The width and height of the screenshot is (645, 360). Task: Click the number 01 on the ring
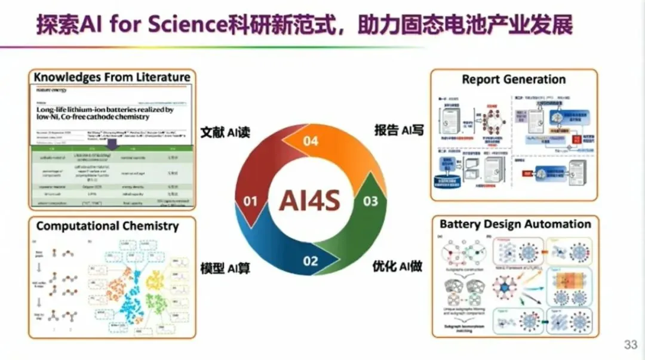pyautogui.click(x=250, y=201)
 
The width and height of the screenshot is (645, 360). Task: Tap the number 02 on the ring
pyautogui.click(x=310, y=260)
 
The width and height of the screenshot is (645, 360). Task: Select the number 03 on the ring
pyautogui.click(x=370, y=201)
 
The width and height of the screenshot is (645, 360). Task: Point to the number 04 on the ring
pyautogui.click(x=310, y=141)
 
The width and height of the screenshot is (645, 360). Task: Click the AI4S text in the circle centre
pyautogui.click(x=310, y=201)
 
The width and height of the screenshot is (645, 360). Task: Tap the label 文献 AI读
pyautogui.click(x=224, y=132)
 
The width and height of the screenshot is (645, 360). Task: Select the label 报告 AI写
pyautogui.click(x=398, y=130)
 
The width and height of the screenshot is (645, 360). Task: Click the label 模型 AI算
pyautogui.click(x=224, y=268)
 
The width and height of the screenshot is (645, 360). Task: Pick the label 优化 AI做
pyautogui.click(x=398, y=266)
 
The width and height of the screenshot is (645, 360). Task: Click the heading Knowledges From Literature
pyautogui.click(x=112, y=77)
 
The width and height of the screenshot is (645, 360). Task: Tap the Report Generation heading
pyautogui.click(x=514, y=79)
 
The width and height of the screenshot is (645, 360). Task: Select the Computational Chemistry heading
pyautogui.click(x=107, y=226)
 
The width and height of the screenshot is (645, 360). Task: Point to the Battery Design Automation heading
pyautogui.click(x=515, y=224)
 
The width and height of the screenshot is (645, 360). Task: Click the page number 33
pyautogui.click(x=631, y=344)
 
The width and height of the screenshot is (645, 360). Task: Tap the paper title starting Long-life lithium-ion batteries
pyautogui.click(x=105, y=114)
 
